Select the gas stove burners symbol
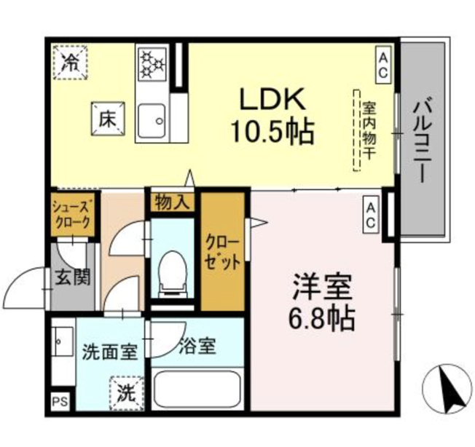coord(152,63)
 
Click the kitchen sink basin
coord(152,120)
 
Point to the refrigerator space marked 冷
coord(70,63)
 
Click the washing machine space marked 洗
coord(127,392)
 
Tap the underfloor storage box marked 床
coord(108,119)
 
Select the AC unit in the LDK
coord(383,65)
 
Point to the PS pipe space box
coord(60,402)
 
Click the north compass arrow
coord(452,389)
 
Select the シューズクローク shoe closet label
coord(71,213)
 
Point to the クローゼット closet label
coord(223,252)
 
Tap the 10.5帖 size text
coord(272,132)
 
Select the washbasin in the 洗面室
coord(63,341)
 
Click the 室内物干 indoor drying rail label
coord(369,130)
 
